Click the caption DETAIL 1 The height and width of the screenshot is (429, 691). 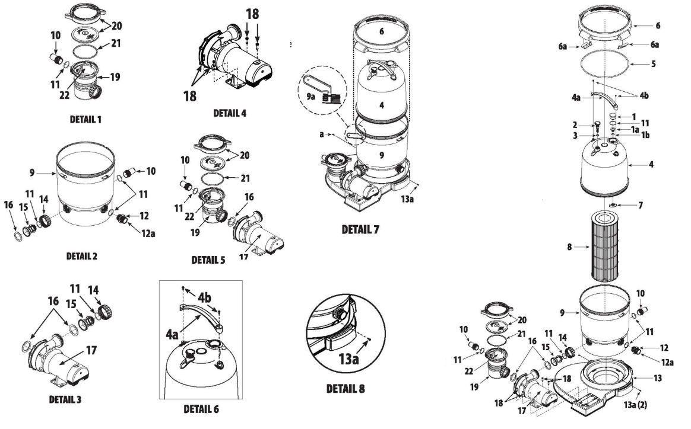[x=85, y=119]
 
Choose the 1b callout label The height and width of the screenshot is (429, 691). [x=646, y=135]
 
